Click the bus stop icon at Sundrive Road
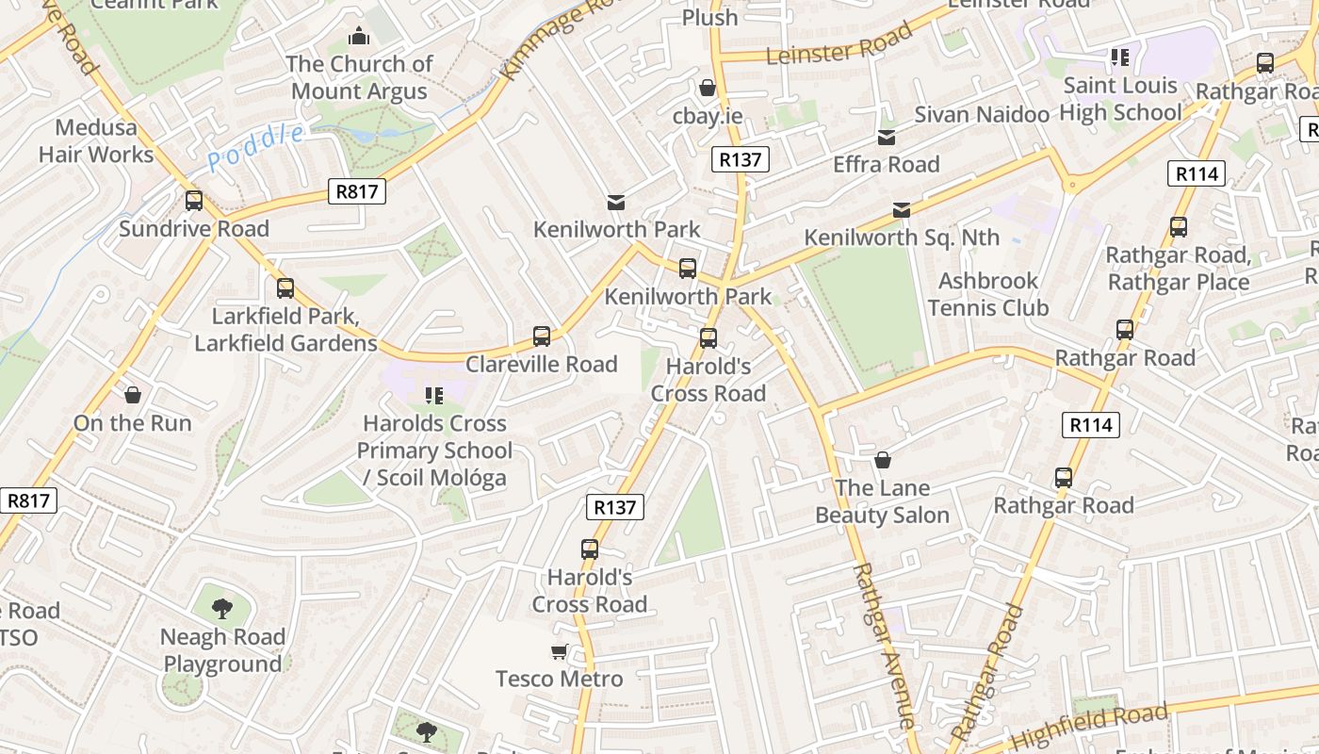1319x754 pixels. coord(194,201)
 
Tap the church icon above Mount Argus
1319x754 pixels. coord(358,37)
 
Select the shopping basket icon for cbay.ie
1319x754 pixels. coord(708,88)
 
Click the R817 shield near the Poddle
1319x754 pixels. coord(358,192)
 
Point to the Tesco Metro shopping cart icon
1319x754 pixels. coord(560,651)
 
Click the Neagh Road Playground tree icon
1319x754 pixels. coord(222,609)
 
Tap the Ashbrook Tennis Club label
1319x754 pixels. coord(987,294)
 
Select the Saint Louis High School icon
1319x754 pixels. coord(1119,57)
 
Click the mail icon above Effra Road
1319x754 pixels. coord(887,138)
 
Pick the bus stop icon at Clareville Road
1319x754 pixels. coord(542,336)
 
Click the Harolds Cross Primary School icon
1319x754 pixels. coord(434,395)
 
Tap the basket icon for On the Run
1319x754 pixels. coord(133,395)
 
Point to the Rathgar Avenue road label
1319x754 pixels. coord(884,646)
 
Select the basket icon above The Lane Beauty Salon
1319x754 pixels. coord(883,460)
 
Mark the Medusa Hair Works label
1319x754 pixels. coord(96,140)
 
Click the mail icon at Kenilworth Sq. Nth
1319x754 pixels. coord(902,209)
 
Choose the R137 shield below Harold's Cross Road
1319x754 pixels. coord(615,507)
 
